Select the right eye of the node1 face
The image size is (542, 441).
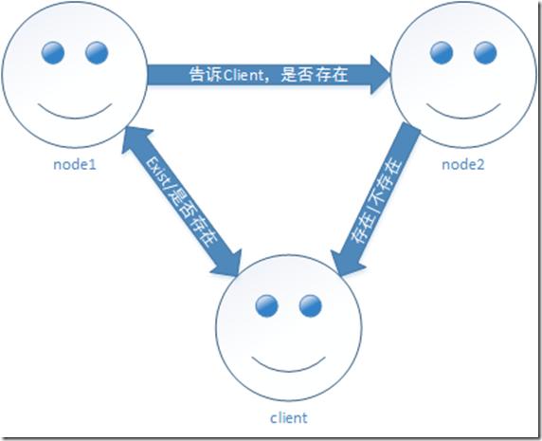pos(95,50)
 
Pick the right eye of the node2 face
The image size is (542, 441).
pos(485,50)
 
